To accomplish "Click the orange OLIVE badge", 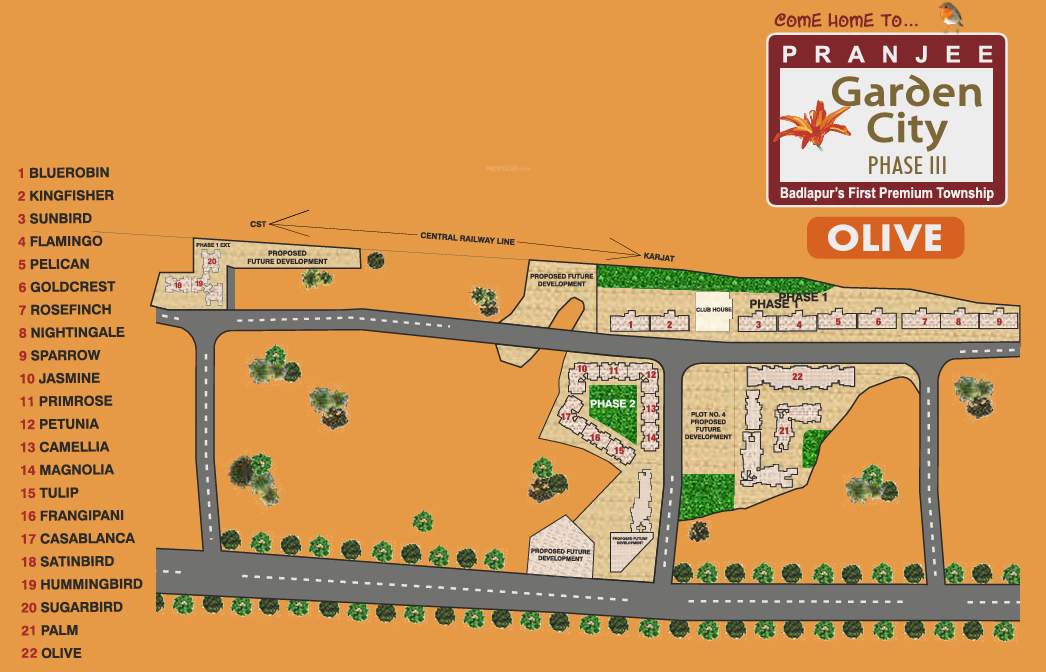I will (885, 238).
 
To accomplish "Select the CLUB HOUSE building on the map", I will (715, 310).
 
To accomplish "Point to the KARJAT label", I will (658, 259).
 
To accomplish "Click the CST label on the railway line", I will (258, 224).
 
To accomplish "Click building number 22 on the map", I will (797, 376).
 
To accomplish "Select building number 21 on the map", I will (784, 431).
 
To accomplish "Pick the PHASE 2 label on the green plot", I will (612, 404).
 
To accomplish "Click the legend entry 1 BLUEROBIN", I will (64, 173).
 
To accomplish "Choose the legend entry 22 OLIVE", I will (51, 653).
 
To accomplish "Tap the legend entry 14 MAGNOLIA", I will (67, 470).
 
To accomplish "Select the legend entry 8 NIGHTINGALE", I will (72, 332).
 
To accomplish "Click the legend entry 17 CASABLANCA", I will (77, 538).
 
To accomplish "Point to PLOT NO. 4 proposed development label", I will (709, 425).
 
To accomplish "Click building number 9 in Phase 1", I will (998, 321).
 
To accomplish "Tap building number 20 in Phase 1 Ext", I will (211, 262).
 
